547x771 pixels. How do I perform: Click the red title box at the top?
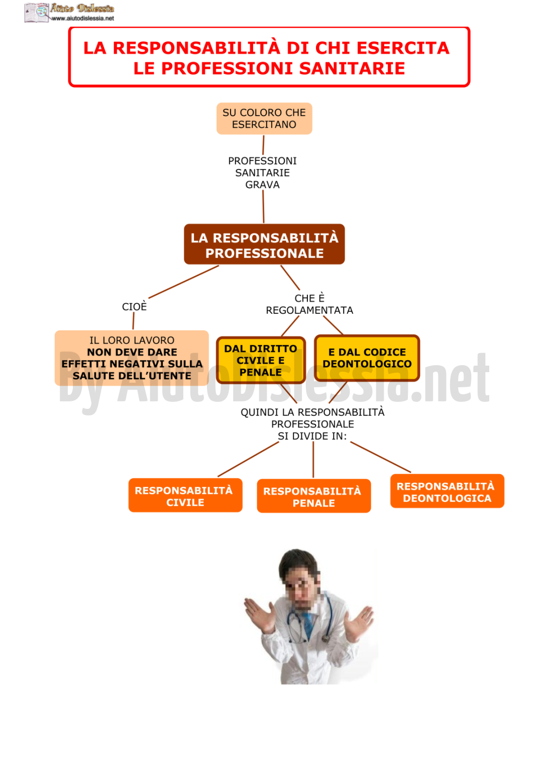click(269, 57)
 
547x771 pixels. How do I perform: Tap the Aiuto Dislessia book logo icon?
click(37, 13)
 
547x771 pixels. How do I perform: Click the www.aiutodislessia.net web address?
click(82, 18)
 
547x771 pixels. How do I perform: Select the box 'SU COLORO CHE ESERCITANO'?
click(264, 118)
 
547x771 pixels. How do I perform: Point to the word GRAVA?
click(262, 185)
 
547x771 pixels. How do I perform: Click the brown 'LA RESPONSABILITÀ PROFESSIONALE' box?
click(264, 244)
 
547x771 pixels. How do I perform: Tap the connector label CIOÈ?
click(135, 306)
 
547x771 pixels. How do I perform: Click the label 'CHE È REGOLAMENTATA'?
click(309, 304)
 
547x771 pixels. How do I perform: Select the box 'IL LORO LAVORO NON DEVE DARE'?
click(132, 358)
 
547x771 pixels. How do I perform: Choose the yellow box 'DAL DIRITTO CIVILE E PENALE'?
click(261, 360)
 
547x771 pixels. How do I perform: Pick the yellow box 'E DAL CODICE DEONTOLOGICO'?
click(367, 358)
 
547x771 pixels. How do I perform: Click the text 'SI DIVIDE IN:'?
click(312, 436)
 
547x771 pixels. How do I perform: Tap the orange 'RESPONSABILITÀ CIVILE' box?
click(185, 495)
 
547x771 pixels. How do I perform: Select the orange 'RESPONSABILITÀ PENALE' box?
click(313, 496)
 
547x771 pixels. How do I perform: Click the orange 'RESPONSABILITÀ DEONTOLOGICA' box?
click(447, 491)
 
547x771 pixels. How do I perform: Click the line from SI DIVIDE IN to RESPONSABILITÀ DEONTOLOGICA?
click(380, 457)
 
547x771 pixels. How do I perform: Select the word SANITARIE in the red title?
click(352, 68)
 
